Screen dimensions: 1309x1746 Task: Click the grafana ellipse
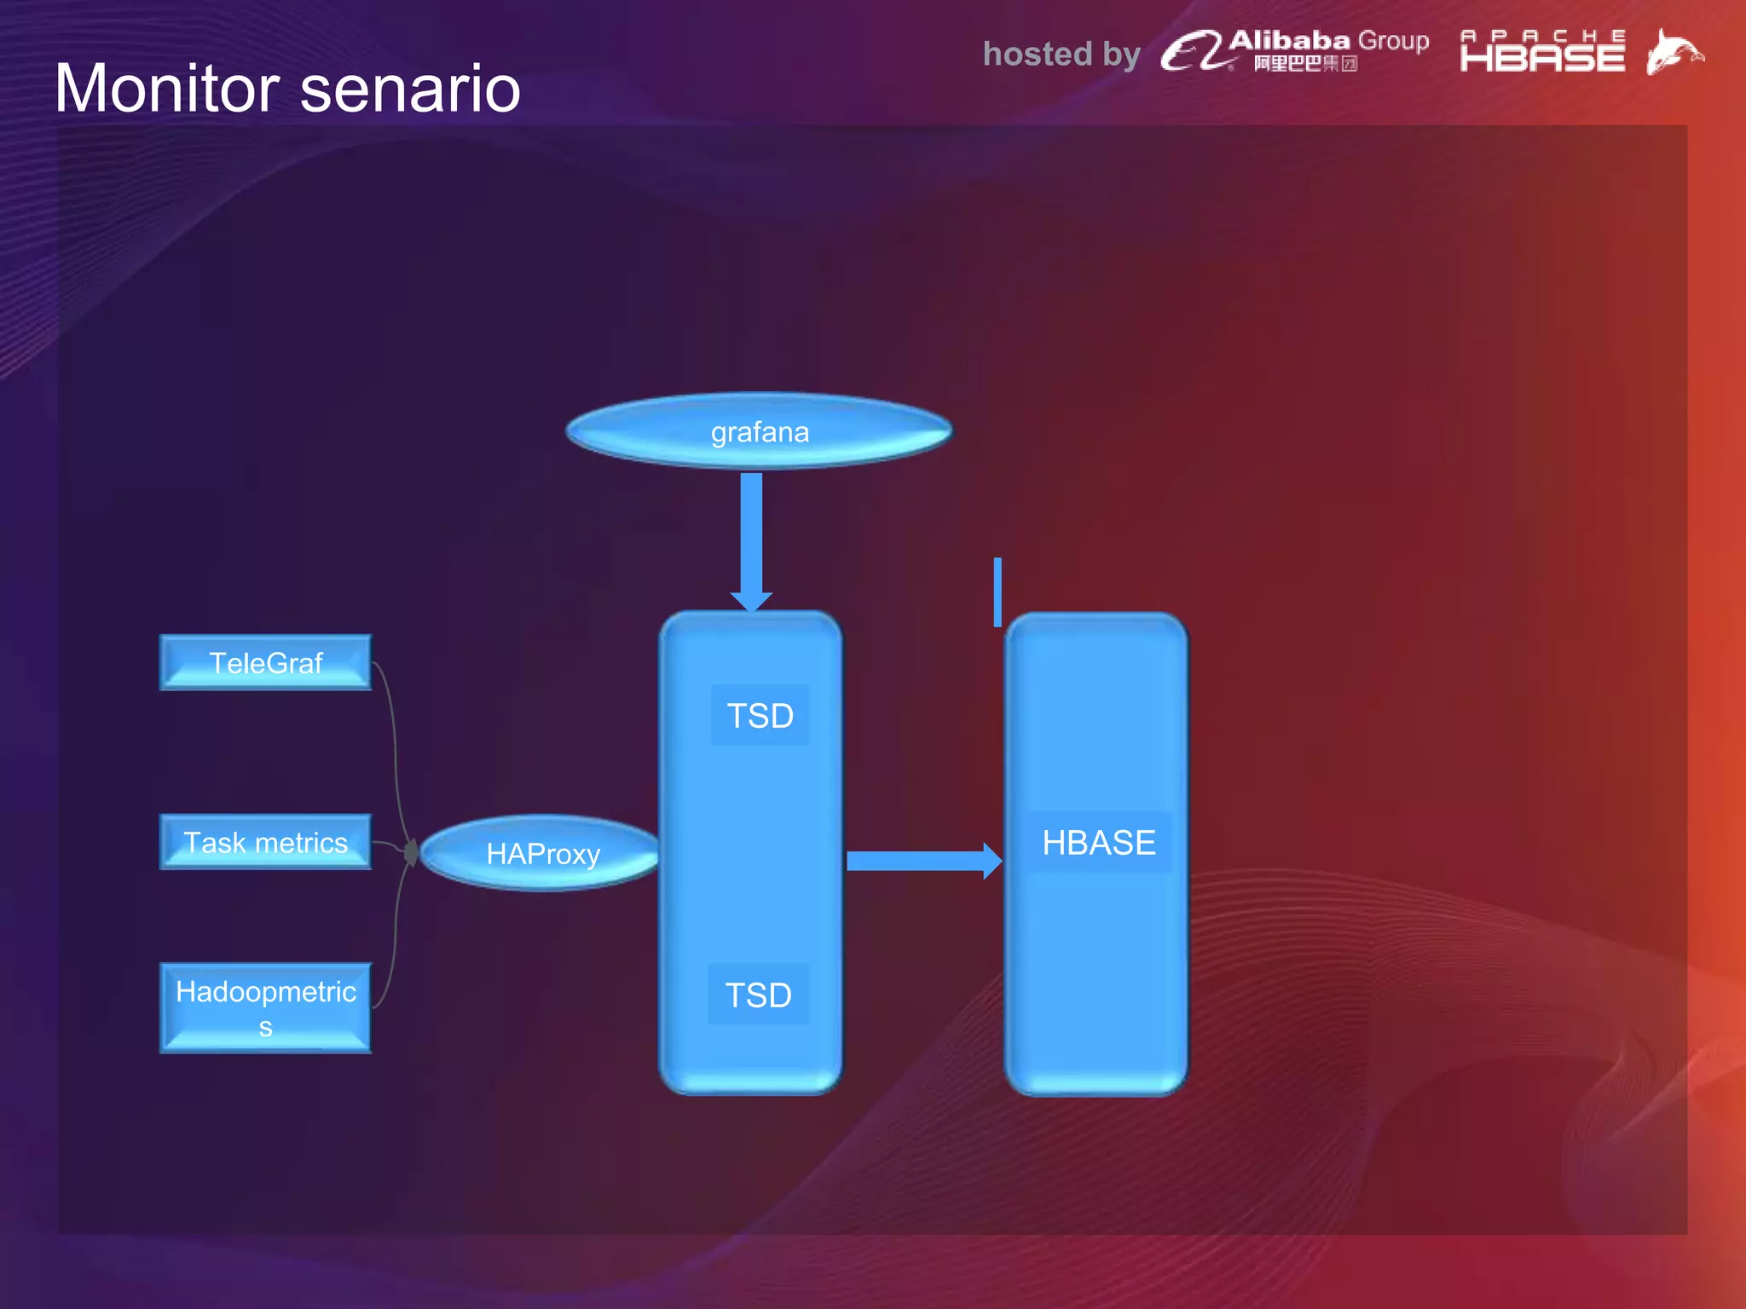pos(759,431)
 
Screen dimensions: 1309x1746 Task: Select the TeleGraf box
pos(265,662)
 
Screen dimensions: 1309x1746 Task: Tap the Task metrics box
pos(265,842)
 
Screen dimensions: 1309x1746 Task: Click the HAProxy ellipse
pos(542,853)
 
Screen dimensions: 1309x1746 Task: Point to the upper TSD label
pos(760,715)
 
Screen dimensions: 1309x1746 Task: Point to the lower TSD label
pos(758,995)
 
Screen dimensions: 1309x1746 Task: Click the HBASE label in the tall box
pos(1098,843)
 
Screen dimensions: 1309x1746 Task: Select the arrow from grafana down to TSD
pos(751,537)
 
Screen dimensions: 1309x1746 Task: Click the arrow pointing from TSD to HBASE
pos(921,861)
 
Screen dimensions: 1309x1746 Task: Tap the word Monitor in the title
pos(167,89)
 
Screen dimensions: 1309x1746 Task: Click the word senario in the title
pos(410,89)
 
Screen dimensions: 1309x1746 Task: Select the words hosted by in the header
pos(1061,55)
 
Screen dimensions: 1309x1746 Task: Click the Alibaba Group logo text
pos(1328,41)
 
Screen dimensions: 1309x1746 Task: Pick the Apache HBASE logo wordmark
pos(1542,53)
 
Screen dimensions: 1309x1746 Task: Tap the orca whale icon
pos(1673,53)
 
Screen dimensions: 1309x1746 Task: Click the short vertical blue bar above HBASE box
pos(997,592)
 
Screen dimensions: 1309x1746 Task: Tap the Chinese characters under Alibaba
pos(1305,64)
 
